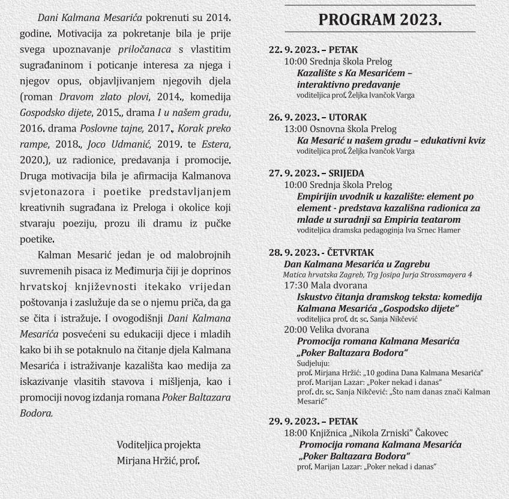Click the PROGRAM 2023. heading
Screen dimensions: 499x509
380,20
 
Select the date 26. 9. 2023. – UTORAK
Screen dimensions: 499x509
318,118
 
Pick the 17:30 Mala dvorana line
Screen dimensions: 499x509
325,285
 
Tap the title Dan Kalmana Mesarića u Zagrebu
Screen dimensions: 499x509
357,264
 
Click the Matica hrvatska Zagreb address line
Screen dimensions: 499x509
378,274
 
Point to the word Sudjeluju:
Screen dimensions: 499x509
313,363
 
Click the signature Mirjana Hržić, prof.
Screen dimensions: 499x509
158,461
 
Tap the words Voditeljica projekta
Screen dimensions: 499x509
158,445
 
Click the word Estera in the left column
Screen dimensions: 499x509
215,144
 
